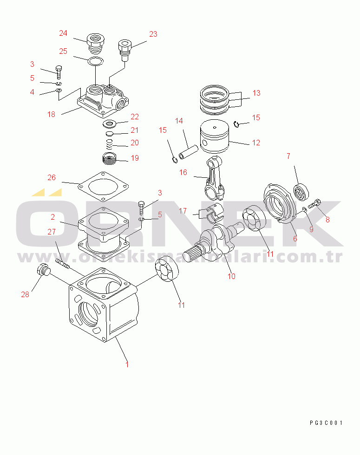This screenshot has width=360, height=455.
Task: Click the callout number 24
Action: [63, 33]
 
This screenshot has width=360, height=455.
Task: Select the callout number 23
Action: [153, 34]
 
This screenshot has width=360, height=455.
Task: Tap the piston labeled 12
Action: [215, 138]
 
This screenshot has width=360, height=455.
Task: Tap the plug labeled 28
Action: [43, 270]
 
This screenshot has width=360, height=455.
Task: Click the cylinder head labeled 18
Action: [102, 100]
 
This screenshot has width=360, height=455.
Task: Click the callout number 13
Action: [256, 93]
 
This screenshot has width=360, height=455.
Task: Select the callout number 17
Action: [183, 211]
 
